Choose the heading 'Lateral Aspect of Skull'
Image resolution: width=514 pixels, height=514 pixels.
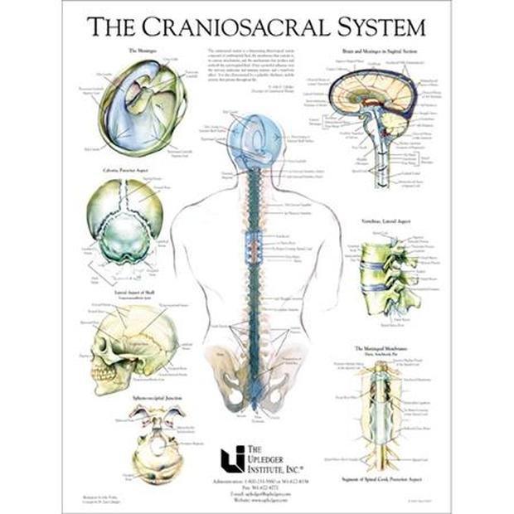(135, 292)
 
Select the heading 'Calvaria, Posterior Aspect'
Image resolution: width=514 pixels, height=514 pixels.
(135, 172)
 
